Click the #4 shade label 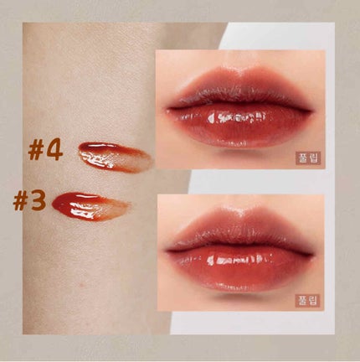point(45,152)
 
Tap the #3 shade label point(29,202)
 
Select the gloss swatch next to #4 point(116,157)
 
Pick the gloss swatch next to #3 point(90,207)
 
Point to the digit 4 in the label point(54,152)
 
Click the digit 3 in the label point(39,202)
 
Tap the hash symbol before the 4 point(36,153)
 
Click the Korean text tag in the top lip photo point(308,158)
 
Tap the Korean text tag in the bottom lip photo point(307,300)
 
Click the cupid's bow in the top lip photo point(240,72)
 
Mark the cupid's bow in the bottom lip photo point(242,213)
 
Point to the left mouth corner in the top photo point(168,108)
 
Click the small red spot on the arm point(81,285)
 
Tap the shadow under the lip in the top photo point(240,153)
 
